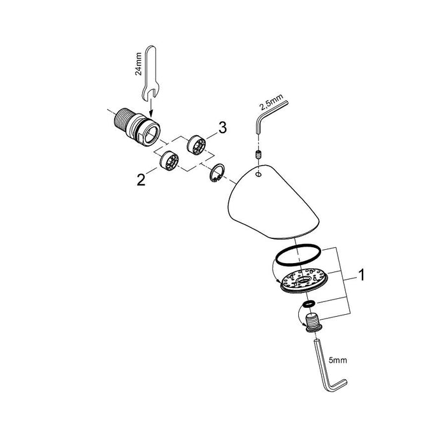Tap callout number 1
[x=362, y=277]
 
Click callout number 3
[x=222, y=129]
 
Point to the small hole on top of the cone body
[x=258, y=173]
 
